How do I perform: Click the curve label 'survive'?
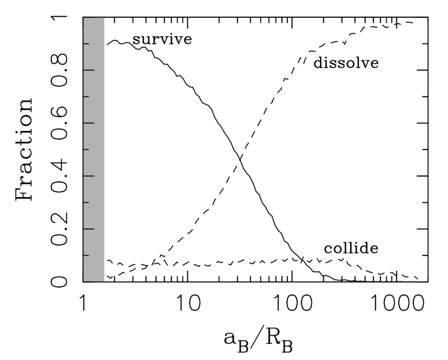click(x=161, y=39)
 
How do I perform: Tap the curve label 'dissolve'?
click(x=346, y=64)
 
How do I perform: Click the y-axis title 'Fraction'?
click(x=25, y=149)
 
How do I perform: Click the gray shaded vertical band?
click(x=94, y=149)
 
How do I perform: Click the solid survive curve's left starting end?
click(x=107, y=45)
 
